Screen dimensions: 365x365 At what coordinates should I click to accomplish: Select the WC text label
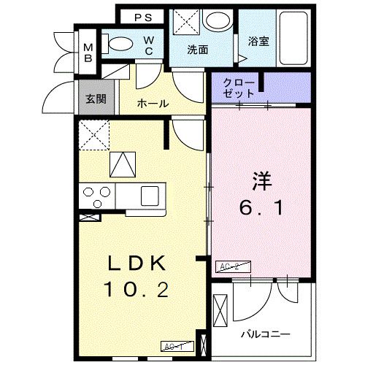148,45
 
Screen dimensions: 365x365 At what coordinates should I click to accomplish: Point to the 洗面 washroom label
197,51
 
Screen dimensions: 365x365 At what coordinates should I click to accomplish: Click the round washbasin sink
216,20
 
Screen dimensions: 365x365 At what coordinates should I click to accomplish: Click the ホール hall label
153,104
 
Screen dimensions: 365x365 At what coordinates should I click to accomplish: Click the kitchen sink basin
150,195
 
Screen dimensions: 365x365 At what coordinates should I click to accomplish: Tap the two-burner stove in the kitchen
96,195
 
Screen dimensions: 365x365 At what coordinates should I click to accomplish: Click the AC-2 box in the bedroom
230,268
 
